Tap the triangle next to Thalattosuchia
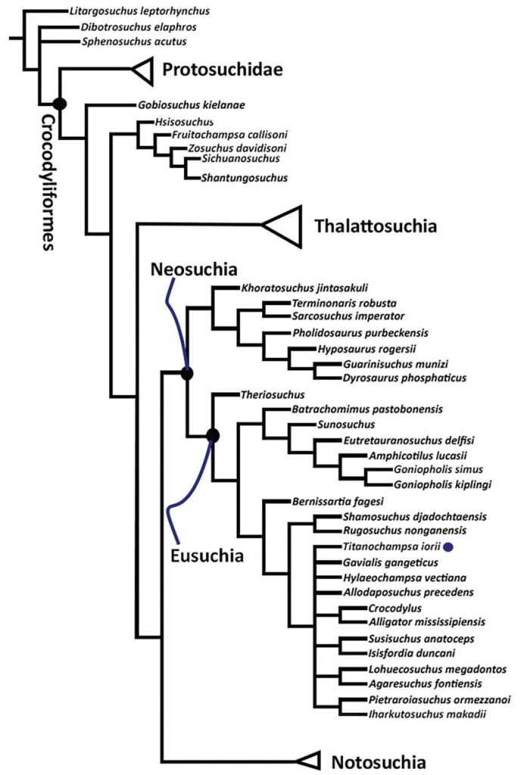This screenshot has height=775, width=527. pyautogui.click(x=283, y=225)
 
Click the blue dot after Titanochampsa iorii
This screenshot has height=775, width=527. pyautogui.click(x=449, y=546)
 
